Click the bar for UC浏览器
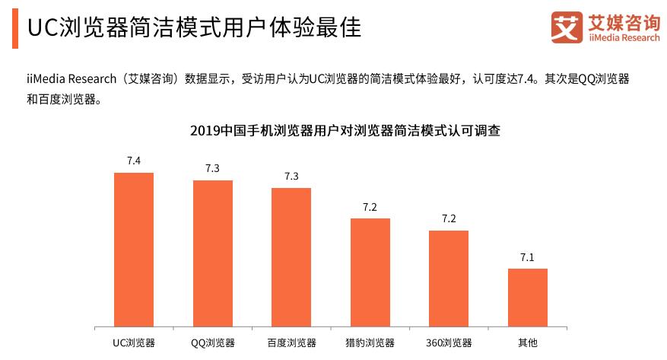134,250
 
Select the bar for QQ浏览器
213,253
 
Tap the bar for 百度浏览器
291,257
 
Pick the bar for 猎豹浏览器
370,272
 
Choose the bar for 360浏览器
449,279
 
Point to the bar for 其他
528,298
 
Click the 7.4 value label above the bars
134,160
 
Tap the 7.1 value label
528,257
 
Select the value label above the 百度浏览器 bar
291,176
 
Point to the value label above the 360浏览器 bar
449,218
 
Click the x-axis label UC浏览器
134,343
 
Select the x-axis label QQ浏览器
213,343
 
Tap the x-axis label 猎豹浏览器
370,343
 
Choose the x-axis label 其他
528,343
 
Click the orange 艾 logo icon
567,28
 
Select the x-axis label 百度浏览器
291,343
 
